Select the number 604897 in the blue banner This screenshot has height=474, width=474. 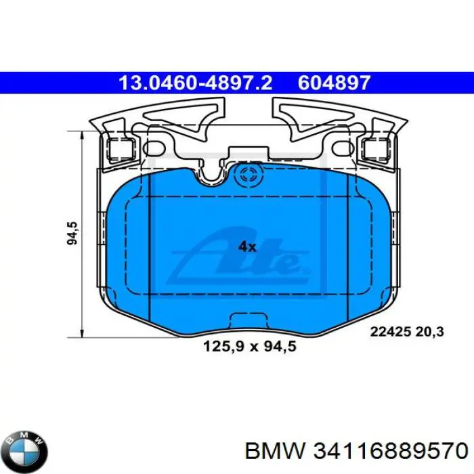(x=334, y=83)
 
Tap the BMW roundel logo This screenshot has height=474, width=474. (x=25, y=448)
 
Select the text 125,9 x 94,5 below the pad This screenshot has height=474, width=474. (x=251, y=347)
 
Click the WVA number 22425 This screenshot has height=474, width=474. (x=389, y=332)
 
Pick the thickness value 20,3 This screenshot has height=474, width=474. (x=430, y=332)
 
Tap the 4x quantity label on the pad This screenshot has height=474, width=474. (x=247, y=247)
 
